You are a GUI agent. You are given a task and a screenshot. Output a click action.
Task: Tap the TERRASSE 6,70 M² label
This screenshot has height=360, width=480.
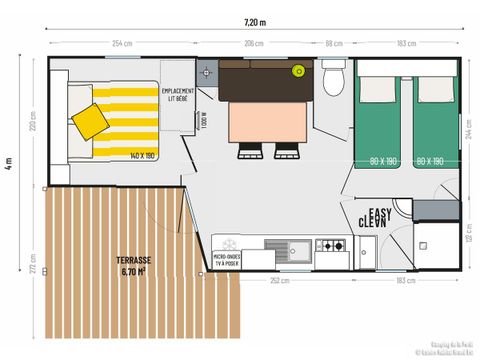coord(133,265)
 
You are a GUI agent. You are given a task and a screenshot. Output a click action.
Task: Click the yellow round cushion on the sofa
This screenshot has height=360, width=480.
coord(297,71)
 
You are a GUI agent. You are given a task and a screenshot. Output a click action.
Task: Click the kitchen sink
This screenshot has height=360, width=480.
coord(294,246)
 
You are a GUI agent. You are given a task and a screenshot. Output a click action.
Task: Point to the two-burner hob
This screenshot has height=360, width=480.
coord(331,245)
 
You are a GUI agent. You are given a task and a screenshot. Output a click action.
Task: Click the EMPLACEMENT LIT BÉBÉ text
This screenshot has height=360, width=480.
coord(179,96)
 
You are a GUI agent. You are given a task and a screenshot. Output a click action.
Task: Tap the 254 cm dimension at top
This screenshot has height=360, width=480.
coord(123,44)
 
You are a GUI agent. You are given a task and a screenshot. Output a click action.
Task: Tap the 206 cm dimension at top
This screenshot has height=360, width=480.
coord(256,44)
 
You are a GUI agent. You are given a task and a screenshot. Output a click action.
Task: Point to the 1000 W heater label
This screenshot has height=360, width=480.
coord(203,118)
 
